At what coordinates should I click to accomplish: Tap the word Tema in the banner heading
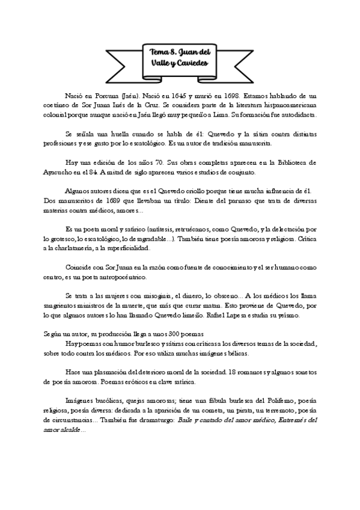(161, 53)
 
